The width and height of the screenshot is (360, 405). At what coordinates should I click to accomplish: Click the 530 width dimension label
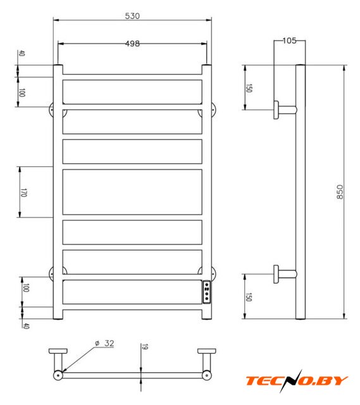[132, 16]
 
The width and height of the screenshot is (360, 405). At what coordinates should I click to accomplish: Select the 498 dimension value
[132, 44]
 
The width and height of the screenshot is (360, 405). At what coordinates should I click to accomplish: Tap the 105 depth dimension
[290, 40]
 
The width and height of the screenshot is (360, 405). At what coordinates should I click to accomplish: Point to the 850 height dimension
[340, 192]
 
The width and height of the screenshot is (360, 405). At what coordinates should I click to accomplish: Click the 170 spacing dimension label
[23, 192]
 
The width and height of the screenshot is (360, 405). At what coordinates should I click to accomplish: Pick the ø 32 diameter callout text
[104, 343]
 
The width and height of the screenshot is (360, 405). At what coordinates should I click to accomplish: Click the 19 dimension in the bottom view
[145, 347]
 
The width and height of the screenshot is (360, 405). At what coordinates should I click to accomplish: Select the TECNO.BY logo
[297, 381]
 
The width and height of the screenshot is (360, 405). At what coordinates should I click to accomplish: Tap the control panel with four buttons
[207, 292]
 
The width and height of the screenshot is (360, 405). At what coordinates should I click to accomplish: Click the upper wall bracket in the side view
[285, 109]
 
